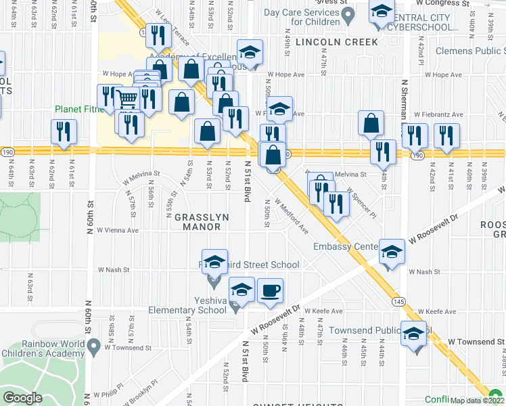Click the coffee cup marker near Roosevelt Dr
point(271,291)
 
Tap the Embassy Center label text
point(344,247)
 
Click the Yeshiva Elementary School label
point(187,304)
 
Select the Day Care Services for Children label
point(301,17)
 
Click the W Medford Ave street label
point(292,217)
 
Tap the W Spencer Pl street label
point(361,200)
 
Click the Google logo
point(22,398)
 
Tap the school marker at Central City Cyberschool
point(382,14)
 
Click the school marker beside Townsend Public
point(414,334)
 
